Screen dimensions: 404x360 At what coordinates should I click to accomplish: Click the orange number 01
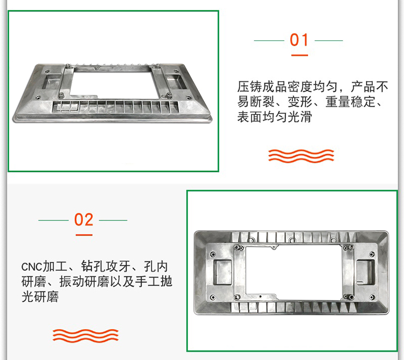point(299,40)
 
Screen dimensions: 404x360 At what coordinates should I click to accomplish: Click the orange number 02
point(83,220)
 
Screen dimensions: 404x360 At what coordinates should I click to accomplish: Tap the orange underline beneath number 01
point(299,55)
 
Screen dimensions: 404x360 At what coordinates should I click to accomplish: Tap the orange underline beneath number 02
point(84,235)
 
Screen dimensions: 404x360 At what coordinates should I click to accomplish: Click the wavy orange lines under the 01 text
point(301,156)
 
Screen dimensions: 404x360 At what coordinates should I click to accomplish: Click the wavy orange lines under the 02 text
point(86,335)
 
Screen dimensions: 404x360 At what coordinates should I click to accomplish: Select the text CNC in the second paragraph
point(31,267)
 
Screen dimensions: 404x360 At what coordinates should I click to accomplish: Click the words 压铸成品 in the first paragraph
point(262,87)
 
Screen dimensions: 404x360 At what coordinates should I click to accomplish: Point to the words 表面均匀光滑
point(274,117)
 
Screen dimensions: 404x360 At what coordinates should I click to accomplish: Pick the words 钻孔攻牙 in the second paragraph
point(106,266)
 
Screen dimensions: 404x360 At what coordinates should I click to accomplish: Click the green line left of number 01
point(269,40)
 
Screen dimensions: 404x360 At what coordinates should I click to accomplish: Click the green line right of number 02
point(113,220)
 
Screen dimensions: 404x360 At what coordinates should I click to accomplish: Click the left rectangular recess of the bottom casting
point(222,272)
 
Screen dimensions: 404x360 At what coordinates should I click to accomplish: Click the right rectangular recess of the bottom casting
point(366,272)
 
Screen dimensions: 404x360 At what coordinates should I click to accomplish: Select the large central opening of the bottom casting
point(294,272)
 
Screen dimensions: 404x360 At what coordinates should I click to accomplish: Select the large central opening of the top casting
point(115,84)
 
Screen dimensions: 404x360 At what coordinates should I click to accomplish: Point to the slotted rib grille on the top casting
point(115,107)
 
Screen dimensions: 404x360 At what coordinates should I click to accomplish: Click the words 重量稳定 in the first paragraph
point(351,102)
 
